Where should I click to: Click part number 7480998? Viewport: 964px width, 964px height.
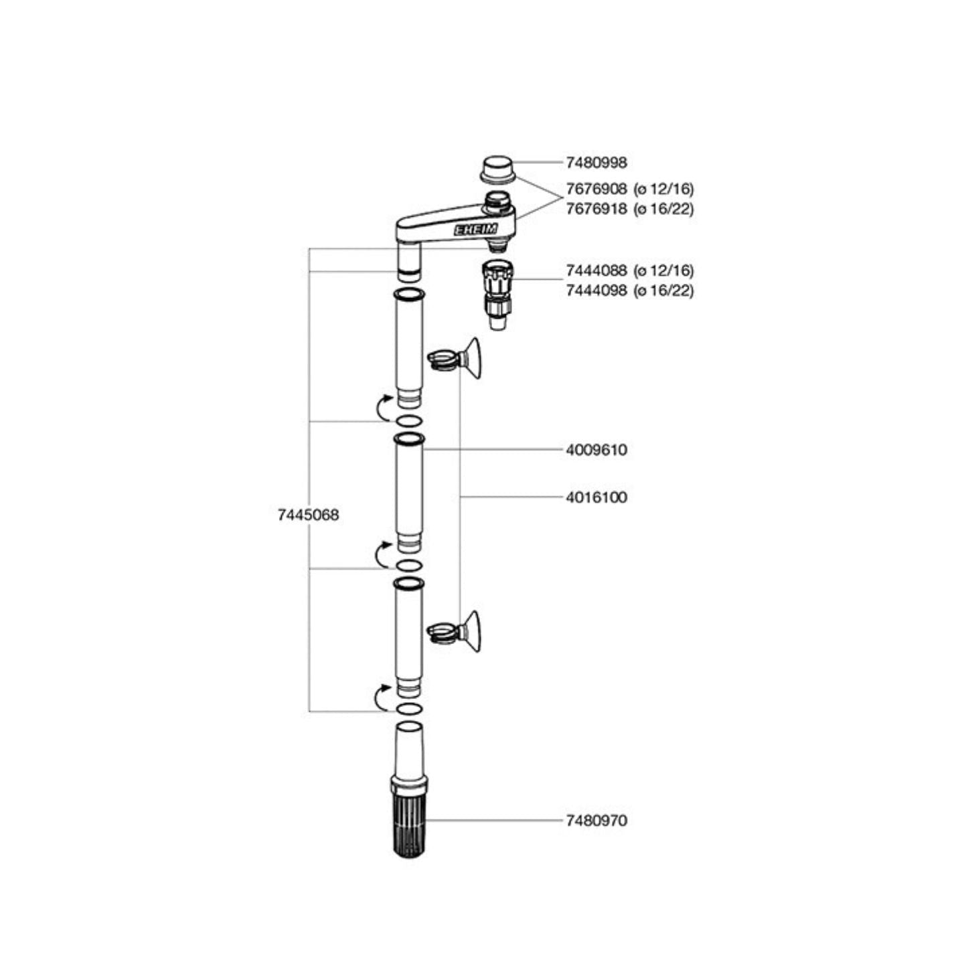pyautogui.click(x=596, y=162)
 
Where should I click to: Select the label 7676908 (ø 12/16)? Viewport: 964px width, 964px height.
pyautogui.click(x=629, y=189)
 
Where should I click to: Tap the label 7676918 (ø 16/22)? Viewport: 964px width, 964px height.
pyautogui.click(x=629, y=209)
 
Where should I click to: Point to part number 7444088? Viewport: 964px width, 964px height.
pyautogui.click(x=596, y=270)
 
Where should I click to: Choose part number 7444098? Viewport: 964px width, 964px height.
pyautogui.click(x=596, y=291)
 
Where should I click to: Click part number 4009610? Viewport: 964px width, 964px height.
pyautogui.click(x=596, y=450)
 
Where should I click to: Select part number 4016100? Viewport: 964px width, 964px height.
pyautogui.click(x=596, y=497)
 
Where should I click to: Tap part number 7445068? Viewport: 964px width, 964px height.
pyautogui.click(x=308, y=515)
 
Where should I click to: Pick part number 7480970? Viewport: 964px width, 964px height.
pyautogui.click(x=596, y=820)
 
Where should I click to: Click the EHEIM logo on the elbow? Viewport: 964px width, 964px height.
pyautogui.click(x=476, y=230)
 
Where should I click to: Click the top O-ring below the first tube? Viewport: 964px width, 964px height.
pyautogui.click(x=408, y=421)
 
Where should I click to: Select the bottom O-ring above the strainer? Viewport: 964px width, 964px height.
pyautogui.click(x=408, y=709)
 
